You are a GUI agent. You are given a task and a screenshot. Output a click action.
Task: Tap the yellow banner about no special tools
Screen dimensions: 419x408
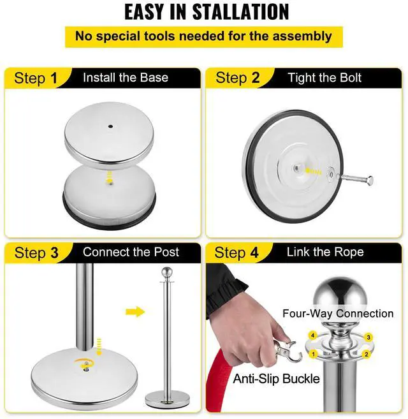(203, 36)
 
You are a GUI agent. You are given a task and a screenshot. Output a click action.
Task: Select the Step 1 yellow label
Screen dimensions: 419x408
(36, 78)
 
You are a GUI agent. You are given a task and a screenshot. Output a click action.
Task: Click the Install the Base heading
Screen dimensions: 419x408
(126, 78)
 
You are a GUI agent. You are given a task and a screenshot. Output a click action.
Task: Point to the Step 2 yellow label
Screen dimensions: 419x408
(238, 78)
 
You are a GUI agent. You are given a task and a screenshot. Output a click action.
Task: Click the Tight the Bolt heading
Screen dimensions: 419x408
(324, 78)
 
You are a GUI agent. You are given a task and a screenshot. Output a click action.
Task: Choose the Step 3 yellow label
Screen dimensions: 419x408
(36, 253)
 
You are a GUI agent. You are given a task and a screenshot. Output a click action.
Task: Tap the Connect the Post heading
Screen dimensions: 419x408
(131, 252)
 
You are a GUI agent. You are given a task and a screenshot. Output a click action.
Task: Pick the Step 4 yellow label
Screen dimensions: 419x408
(237, 253)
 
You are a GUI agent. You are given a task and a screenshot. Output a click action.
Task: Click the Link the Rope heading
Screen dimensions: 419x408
(325, 252)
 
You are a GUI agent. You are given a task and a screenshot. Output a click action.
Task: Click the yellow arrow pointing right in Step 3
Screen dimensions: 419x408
(135, 312)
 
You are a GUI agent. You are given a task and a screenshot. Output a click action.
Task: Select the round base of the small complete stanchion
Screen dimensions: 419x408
(167, 400)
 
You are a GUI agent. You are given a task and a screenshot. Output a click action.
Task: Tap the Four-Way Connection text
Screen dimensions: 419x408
(338, 313)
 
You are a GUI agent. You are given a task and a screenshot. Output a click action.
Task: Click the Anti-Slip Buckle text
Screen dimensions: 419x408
(276, 379)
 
